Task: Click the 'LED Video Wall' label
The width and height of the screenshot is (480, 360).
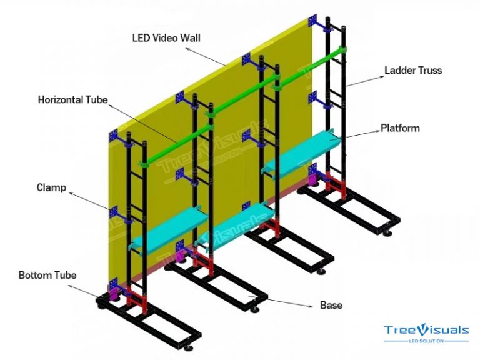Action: (x=166, y=37)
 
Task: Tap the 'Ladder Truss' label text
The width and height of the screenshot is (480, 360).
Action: (x=413, y=70)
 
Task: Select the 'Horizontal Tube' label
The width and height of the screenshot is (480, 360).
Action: (x=73, y=99)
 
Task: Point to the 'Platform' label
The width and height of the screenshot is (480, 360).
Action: (x=400, y=129)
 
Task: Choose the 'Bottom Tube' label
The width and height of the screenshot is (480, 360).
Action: (x=47, y=275)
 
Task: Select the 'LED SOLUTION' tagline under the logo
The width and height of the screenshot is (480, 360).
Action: (x=426, y=341)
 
